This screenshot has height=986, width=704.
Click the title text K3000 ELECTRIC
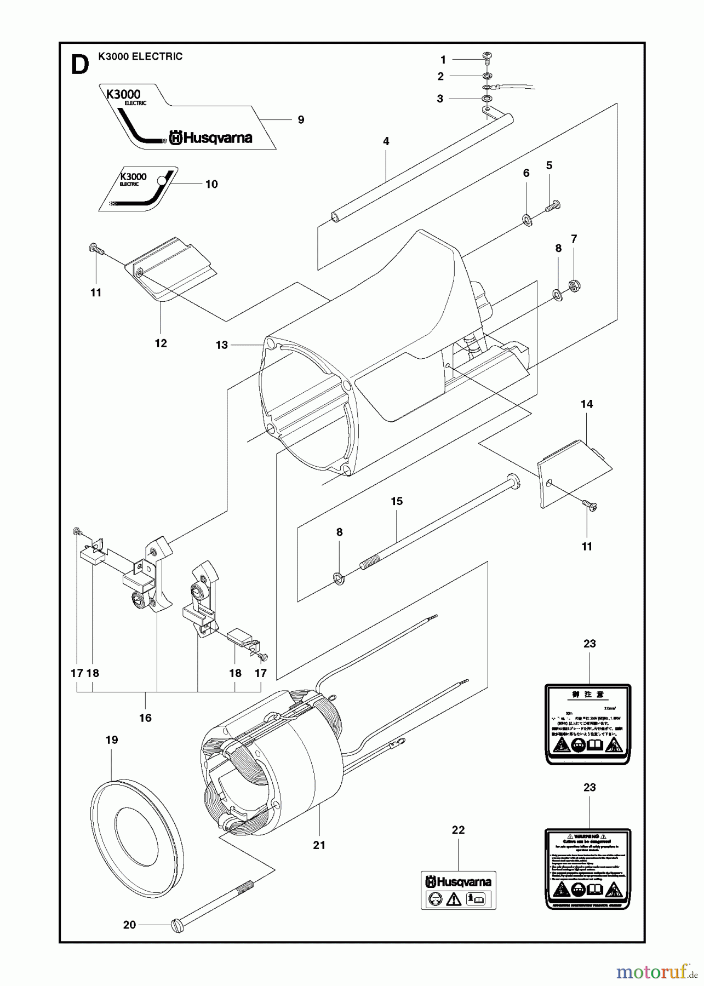point(140,56)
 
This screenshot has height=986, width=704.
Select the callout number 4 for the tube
point(386,141)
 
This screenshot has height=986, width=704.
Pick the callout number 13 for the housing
point(221,345)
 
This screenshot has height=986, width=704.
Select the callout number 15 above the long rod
point(397,501)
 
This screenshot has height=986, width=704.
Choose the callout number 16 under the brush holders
point(145,718)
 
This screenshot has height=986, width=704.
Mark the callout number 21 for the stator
point(319,845)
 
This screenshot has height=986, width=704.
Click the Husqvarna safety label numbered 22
point(458,890)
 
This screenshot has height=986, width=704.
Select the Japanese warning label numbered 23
point(588,723)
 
